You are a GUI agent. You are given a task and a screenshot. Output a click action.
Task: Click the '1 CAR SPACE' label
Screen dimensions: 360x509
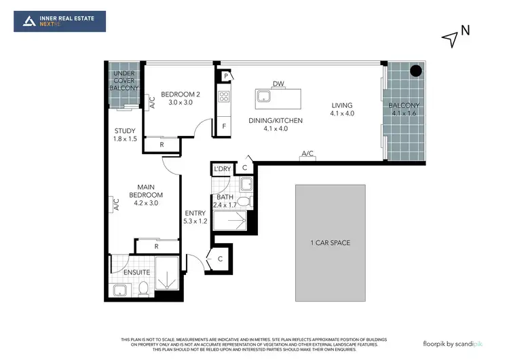(331, 242)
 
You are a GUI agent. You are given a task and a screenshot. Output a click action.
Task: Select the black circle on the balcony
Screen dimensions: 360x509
(416, 71)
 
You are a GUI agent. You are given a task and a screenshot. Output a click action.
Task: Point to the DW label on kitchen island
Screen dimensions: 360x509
(278, 84)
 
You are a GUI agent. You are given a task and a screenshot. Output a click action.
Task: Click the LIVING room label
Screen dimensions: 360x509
(341, 109)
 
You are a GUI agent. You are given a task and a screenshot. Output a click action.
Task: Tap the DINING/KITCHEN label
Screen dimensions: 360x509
(275, 124)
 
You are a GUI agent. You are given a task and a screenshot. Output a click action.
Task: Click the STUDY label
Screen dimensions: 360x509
(125, 134)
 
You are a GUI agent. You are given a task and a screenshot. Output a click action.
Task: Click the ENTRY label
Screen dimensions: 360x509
(194, 217)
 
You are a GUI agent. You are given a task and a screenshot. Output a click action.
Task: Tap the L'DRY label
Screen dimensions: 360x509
(222, 169)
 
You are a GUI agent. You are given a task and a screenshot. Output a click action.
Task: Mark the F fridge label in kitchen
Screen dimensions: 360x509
(223, 126)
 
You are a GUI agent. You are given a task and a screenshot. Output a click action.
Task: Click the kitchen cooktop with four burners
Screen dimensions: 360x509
(224, 96)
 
